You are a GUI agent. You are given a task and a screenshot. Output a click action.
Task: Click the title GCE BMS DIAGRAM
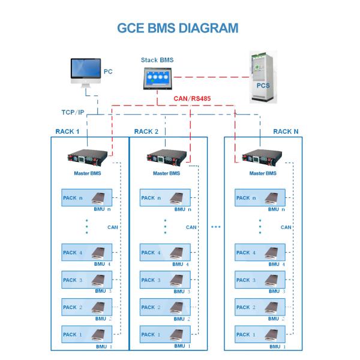[179, 28]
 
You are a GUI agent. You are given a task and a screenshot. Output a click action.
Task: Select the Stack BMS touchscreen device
[157, 80]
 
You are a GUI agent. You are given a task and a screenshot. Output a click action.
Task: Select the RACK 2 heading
[146, 131]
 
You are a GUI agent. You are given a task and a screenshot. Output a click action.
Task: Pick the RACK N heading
[286, 131]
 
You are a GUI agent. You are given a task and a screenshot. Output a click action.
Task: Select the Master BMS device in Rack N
[262, 160]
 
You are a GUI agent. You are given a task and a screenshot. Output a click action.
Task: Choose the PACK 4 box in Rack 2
[165, 253]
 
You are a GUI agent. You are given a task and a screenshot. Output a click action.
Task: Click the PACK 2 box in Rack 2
[165, 307]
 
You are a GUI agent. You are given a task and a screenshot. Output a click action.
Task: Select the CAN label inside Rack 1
[112, 227]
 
